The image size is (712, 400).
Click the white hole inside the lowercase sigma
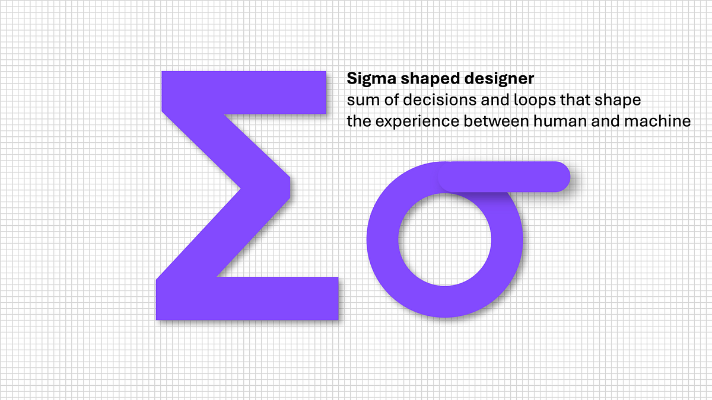coord(445,243)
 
